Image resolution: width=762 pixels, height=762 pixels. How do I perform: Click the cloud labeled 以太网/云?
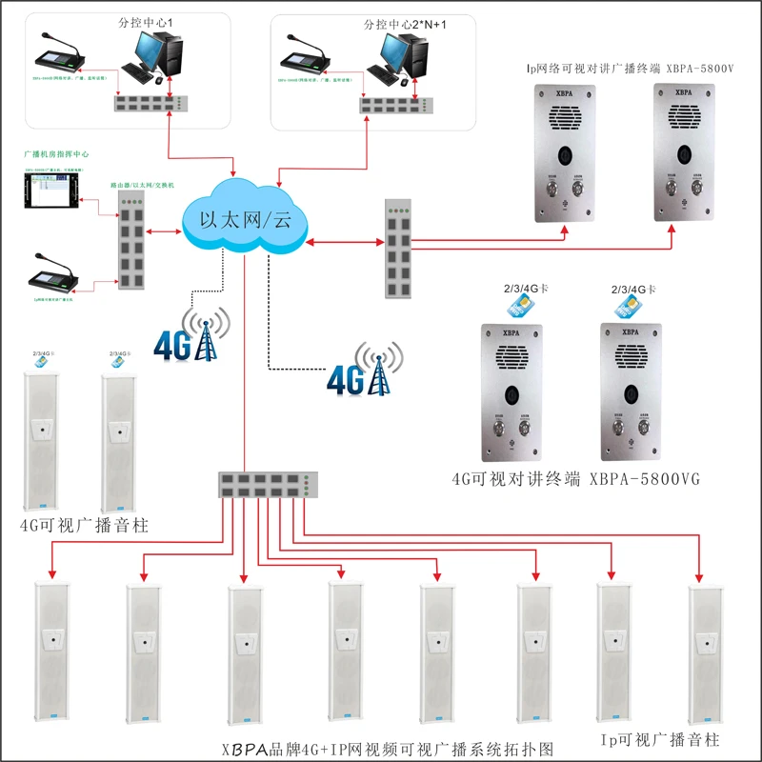point(244,216)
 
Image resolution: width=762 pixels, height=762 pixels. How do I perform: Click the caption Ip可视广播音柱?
point(658,740)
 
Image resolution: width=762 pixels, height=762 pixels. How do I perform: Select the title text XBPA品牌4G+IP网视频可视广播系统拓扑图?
point(387,748)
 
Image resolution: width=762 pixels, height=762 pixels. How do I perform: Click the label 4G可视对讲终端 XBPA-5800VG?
point(575,479)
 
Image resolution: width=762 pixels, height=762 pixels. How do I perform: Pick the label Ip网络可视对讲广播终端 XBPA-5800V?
point(630,69)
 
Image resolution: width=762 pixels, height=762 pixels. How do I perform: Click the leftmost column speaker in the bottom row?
point(54,656)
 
